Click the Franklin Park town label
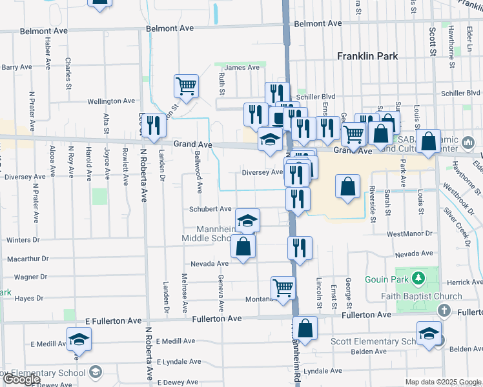[367, 56]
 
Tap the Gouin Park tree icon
[418, 278]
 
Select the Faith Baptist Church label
[421, 296]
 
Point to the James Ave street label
[242, 67]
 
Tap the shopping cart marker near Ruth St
[186, 86]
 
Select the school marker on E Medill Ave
[79, 339]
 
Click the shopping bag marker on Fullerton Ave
[305, 328]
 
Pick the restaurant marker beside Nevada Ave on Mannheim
[300, 248]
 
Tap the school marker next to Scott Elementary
[429, 333]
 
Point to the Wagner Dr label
[28, 277]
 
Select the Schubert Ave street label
[211, 209]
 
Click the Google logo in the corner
[21, 379]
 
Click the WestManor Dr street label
[409, 234]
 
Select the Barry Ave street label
[17, 67]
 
